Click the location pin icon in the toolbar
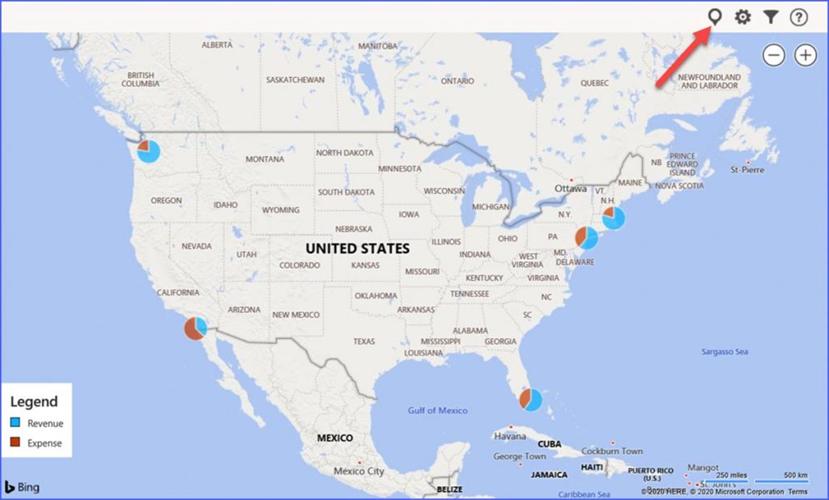[x=715, y=16]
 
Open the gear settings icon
[x=742, y=17]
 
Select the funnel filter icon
[x=771, y=17]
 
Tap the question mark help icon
[x=799, y=17]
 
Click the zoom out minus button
[x=775, y=55]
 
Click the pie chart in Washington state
[x=148, y=150]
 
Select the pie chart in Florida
[x=531, y=399]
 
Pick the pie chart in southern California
[x=195, y=328]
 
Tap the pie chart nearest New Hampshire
[x=614, y=218]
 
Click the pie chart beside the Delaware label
[x=586, y=238]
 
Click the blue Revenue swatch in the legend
[x=15, y=423]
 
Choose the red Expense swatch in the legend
[x=15, y=443]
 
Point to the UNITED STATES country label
[x=357, y=248]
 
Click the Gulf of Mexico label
[x=437, y=410]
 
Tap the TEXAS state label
[x=363, y=341]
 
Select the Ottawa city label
[x=570, y=189]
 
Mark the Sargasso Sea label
[x=725, y=352]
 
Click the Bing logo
[x=22, y=487]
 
